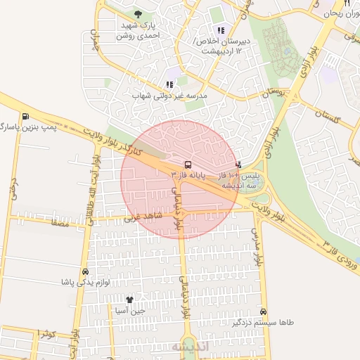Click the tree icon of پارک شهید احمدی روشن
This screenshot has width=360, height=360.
[137, 13]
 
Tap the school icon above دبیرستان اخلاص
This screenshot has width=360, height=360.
[221, 30]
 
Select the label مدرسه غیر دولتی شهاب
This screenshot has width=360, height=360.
[169, 94]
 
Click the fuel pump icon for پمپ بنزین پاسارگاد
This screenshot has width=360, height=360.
[26, 117]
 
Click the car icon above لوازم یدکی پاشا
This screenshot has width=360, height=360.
[86, 271]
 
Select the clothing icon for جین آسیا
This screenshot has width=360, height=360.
[129, 300]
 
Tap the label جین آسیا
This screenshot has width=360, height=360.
[131, 310]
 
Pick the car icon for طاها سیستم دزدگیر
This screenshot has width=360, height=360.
[263, 312]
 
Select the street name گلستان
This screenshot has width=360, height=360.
[328, 116]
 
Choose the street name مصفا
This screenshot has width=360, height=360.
[58, 221]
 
